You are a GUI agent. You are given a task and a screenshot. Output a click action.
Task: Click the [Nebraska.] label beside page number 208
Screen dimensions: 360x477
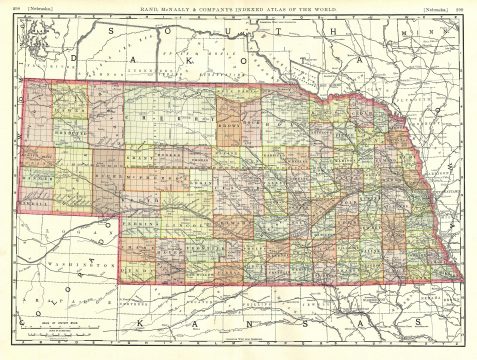(x=42, y=10)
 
